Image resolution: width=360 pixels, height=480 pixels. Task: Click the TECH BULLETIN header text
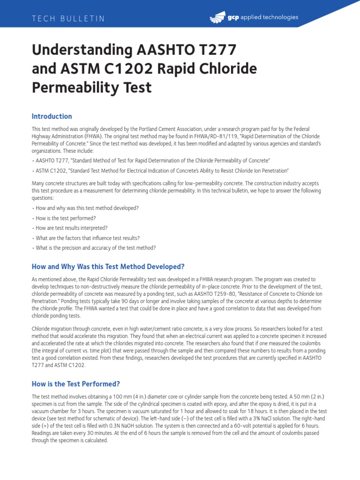[x=68, y=19]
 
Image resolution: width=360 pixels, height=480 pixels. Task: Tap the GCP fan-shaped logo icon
[x=218, y=18]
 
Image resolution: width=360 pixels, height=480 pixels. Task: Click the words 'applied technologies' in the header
[x=270, y=17]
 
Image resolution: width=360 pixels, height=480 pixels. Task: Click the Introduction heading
[x=52, y=116]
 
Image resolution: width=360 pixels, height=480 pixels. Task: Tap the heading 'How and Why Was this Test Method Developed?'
[x=108, y=267]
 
